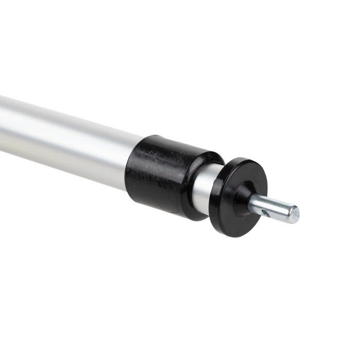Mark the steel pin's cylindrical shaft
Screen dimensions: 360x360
pos(273,208)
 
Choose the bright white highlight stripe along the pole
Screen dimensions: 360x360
pos(62,123)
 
